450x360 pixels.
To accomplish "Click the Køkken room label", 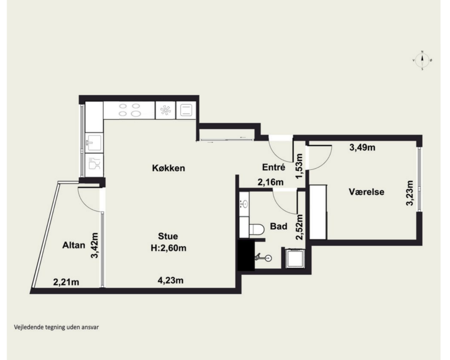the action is click(168, 168).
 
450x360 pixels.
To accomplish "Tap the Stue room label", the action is click(168, 236).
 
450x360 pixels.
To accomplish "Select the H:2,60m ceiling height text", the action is click(168, 248).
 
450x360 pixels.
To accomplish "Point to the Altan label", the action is click(74, 245).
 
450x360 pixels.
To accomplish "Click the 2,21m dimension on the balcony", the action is click(66, 282).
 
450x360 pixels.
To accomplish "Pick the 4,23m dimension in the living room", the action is click(171, 280).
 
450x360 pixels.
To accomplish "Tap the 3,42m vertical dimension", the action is click(94, 245).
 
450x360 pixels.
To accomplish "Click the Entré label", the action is click(273, 167).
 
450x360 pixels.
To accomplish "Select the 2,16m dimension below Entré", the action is click(270, 182).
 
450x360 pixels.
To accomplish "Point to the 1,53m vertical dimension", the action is click(299, 166).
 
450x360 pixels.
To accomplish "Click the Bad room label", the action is click(278, 226).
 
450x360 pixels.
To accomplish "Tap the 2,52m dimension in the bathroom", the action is click(299, 227).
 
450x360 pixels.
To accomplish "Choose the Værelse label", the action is click(367, 191).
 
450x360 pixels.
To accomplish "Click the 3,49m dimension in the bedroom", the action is click(362, 148).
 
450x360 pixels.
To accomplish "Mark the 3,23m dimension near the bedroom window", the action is click(410, 193).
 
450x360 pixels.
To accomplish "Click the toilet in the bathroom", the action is click(257, 230).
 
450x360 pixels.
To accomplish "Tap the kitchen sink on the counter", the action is click(94, 142).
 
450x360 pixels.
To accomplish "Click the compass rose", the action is click(422, 60).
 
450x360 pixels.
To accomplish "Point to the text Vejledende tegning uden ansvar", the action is click(56, 327).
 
